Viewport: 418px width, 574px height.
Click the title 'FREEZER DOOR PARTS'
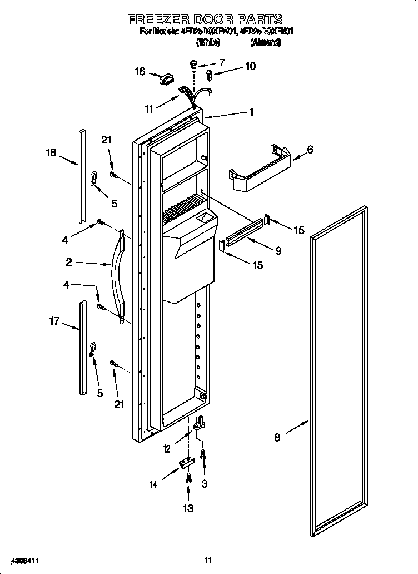pos(205,19)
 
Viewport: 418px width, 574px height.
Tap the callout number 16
pos(140,71)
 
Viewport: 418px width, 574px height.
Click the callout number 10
pos(250,66)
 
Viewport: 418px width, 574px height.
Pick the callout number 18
pos(51,152)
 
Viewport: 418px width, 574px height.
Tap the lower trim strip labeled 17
pos(83,348)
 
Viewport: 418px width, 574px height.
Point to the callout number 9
pos(277,251)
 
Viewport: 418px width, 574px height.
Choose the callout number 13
pos(188,508)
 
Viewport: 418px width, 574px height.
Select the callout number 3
pos(205,484)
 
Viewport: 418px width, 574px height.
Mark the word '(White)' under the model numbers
pos(208,42)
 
